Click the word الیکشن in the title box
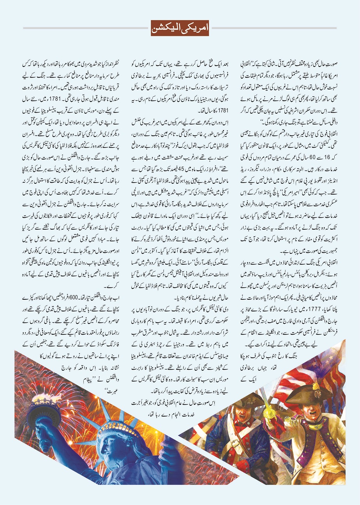tap(169, 28)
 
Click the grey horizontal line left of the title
tap(86, 28)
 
